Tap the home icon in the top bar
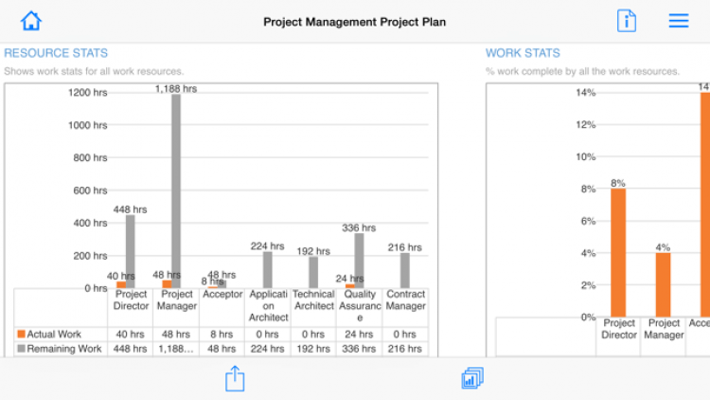31,21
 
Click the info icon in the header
627,21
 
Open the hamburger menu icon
679,21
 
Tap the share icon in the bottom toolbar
235,379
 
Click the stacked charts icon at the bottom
472,379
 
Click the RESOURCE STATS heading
56,53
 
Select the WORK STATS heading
523,53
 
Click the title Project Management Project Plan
354,22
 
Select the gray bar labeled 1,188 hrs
176,190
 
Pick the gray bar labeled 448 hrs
131,251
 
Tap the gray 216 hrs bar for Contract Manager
405,270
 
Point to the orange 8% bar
618,252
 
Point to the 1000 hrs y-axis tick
87,125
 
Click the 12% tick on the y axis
586,125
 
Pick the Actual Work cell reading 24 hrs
359,334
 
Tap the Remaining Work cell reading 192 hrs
313,349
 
